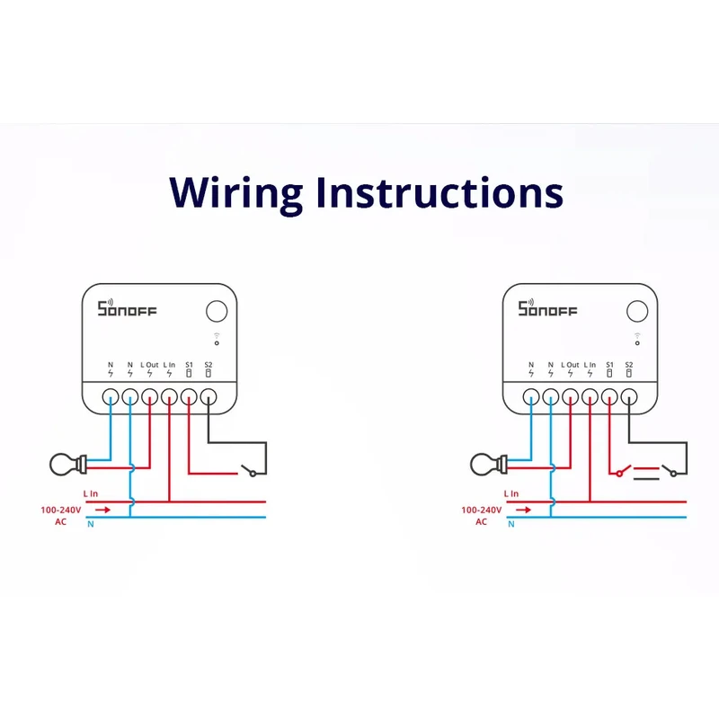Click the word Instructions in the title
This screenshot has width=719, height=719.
(x=439, y=191)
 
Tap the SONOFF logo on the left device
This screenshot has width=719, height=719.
(x=127, y=309)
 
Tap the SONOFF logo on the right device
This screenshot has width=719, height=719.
(x=547, y=309)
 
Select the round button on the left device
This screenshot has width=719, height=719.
(x=217, y=312)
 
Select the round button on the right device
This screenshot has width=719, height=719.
(x=637, y=312)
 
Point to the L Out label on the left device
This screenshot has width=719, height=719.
(x=149, y=365)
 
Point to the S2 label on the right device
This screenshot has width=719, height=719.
(x=629, y=365)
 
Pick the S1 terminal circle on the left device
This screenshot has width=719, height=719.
(x=189, y=395)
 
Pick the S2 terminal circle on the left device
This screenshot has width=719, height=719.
(x=209, y=395)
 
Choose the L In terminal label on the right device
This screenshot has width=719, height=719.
(x=590, y=365)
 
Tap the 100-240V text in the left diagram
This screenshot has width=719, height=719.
(x=61, y=510)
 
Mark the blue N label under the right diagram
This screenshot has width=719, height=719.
(x=511, y=524)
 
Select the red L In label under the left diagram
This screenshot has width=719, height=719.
(x=91, y=493)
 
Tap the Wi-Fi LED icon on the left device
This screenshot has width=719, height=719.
(x=217, y=340)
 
